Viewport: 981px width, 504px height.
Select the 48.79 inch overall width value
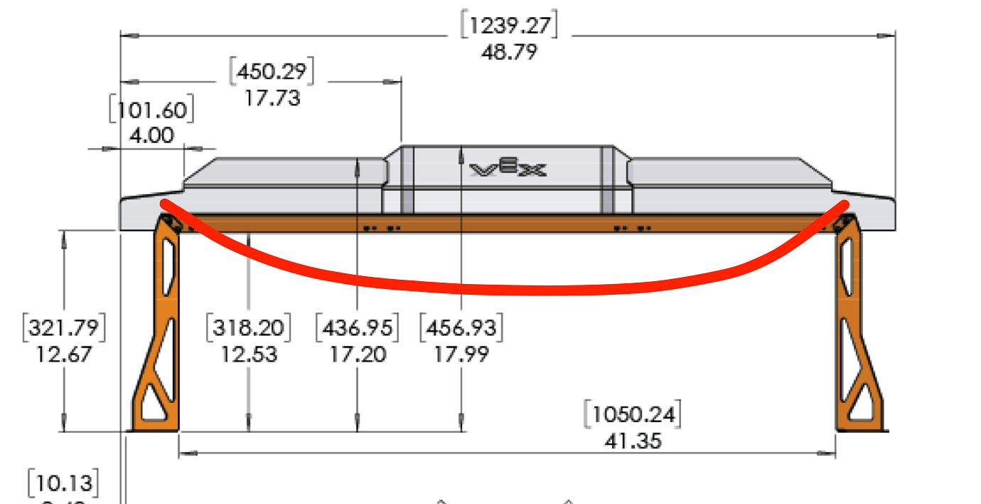pos(509,52)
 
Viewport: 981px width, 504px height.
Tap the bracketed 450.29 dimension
pos(272,71)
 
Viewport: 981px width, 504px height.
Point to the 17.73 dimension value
pos(272,98)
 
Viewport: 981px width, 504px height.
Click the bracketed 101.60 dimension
pos(151,111)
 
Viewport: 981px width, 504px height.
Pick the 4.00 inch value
pos(152,135)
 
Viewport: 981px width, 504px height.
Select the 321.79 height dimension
pos(64,328)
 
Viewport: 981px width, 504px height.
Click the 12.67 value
pos(64,354)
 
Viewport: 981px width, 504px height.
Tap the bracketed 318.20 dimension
pos(248,328)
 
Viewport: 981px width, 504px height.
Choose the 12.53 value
pos(249,354)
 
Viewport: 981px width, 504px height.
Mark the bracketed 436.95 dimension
pos(357,328)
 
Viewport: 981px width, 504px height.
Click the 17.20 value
pos(358,354)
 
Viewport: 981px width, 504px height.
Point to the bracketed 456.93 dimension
pos(461,328)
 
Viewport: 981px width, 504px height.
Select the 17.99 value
pos(462,354)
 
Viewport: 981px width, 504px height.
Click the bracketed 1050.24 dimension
pos(632,415)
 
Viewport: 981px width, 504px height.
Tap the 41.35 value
pos(633,441)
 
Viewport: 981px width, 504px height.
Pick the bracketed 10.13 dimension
pos(63,483)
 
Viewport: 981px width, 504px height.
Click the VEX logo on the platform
pos(508,169)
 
